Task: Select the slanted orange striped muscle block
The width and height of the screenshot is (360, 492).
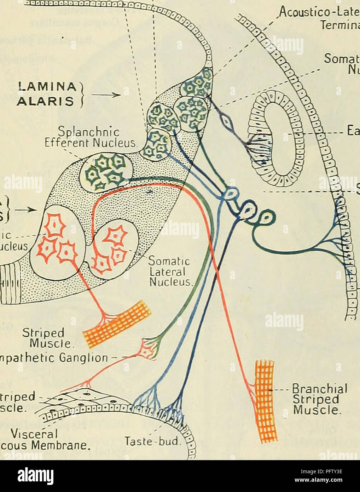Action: click(117, 324)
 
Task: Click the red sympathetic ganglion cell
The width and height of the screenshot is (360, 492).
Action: click(149, 348)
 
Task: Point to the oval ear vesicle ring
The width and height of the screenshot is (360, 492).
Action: click(274, 138)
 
